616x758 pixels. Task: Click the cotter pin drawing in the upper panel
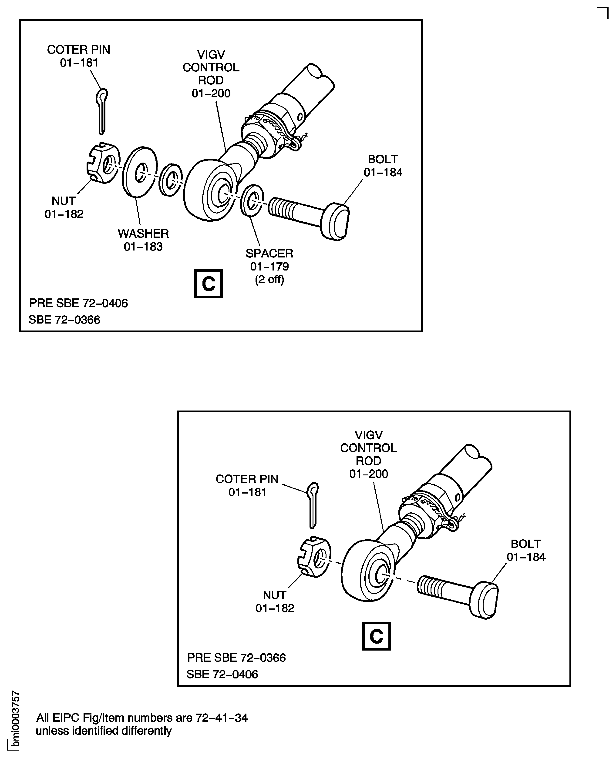click(x=102, y=112)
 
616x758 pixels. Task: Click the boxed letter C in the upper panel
click(x=208, y=284)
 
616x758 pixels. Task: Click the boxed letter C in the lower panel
click(x=376, y=636)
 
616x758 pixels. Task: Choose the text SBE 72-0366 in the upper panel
click(x=64, y=320)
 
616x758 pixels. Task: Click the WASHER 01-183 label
click(x=143, y=240)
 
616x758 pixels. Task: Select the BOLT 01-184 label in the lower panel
click(x=525, y=550)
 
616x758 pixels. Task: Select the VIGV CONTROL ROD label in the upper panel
click(x=211, y=74)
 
